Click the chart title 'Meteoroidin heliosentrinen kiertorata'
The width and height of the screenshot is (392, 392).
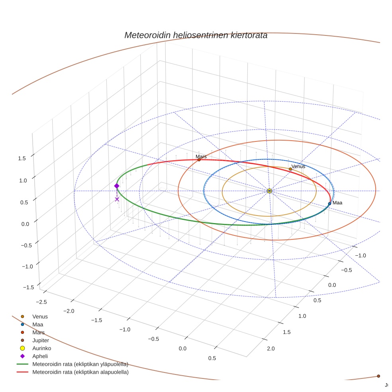[196, 35]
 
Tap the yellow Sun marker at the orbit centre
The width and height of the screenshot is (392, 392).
[269, 191]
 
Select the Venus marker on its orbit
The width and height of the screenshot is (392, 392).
[290, 169]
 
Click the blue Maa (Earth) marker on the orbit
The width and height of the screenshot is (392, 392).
[329, 204]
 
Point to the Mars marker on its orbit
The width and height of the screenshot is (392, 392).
[199, 160]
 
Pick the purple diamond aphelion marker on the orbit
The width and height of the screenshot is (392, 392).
[117, 186]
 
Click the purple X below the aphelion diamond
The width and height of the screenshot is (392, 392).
[117, 199]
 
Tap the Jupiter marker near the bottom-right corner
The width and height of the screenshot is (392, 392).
[378, 376]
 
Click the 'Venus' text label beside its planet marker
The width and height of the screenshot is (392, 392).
[298, 167]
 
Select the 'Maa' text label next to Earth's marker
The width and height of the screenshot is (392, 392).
[337, 203]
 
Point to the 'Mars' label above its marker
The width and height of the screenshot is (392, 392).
[201, 157]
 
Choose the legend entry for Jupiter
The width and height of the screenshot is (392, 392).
[41, 341]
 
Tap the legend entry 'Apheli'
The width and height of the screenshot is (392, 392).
[40, 357]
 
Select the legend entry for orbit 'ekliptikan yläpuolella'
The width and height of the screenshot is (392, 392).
[80, 364]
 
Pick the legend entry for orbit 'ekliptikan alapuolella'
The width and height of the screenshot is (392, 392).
[80, 372]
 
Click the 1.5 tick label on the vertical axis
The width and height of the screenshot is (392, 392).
[22, 158]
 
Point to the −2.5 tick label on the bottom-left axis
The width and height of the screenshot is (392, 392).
[41, 302]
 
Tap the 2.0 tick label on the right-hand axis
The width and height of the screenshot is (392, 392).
[271, 349]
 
